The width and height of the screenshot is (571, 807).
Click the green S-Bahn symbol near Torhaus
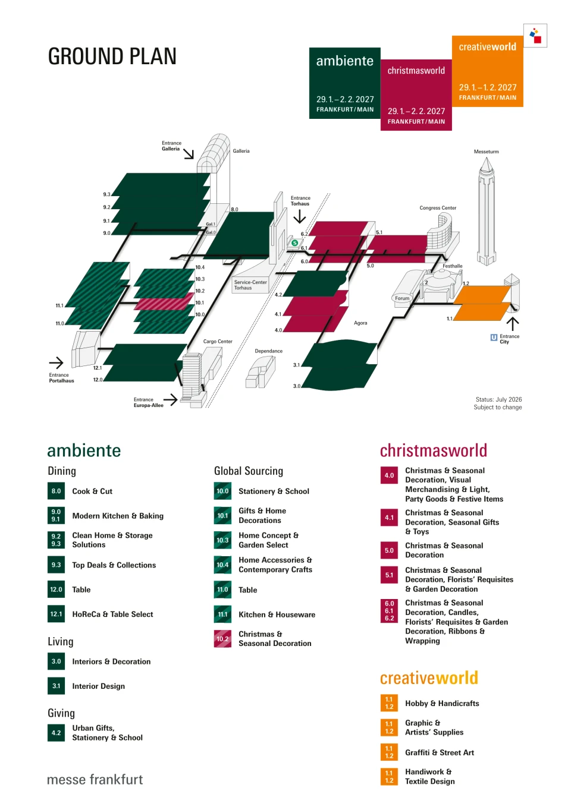294,243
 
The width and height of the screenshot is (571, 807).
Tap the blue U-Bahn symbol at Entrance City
494,337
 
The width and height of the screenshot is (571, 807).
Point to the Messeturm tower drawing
486,211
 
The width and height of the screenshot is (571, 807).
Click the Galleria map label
241,151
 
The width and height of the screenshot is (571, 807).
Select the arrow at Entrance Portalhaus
57,362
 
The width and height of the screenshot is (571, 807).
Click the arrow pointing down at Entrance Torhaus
299,216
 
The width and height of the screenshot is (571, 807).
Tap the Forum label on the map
402,298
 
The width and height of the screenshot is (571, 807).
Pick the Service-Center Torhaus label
250,285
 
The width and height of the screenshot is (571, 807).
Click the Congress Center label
438,208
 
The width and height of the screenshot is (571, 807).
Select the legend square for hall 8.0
57,491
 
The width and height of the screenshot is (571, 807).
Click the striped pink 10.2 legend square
222,639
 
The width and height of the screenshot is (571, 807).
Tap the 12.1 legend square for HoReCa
57,614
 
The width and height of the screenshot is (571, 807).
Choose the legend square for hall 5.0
389,550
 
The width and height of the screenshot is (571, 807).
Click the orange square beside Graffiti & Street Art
389,752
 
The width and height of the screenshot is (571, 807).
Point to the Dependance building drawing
261,372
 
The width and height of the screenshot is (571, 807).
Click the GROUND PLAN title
112,56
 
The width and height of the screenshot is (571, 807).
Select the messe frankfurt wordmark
95,780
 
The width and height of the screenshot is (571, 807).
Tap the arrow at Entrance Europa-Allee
170,399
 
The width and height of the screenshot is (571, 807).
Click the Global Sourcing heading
249,471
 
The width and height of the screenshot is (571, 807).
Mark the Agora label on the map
360,323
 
